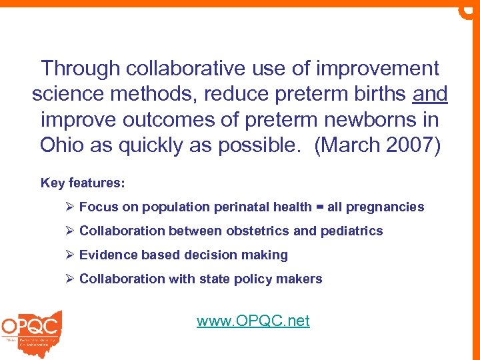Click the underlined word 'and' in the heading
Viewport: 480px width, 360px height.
pos(430,94)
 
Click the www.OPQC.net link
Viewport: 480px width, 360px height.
pos(253,321)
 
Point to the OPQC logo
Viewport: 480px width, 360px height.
pos(31,330)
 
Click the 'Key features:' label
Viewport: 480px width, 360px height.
pos(83,183)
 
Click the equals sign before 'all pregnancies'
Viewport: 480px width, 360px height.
pos(319,207)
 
